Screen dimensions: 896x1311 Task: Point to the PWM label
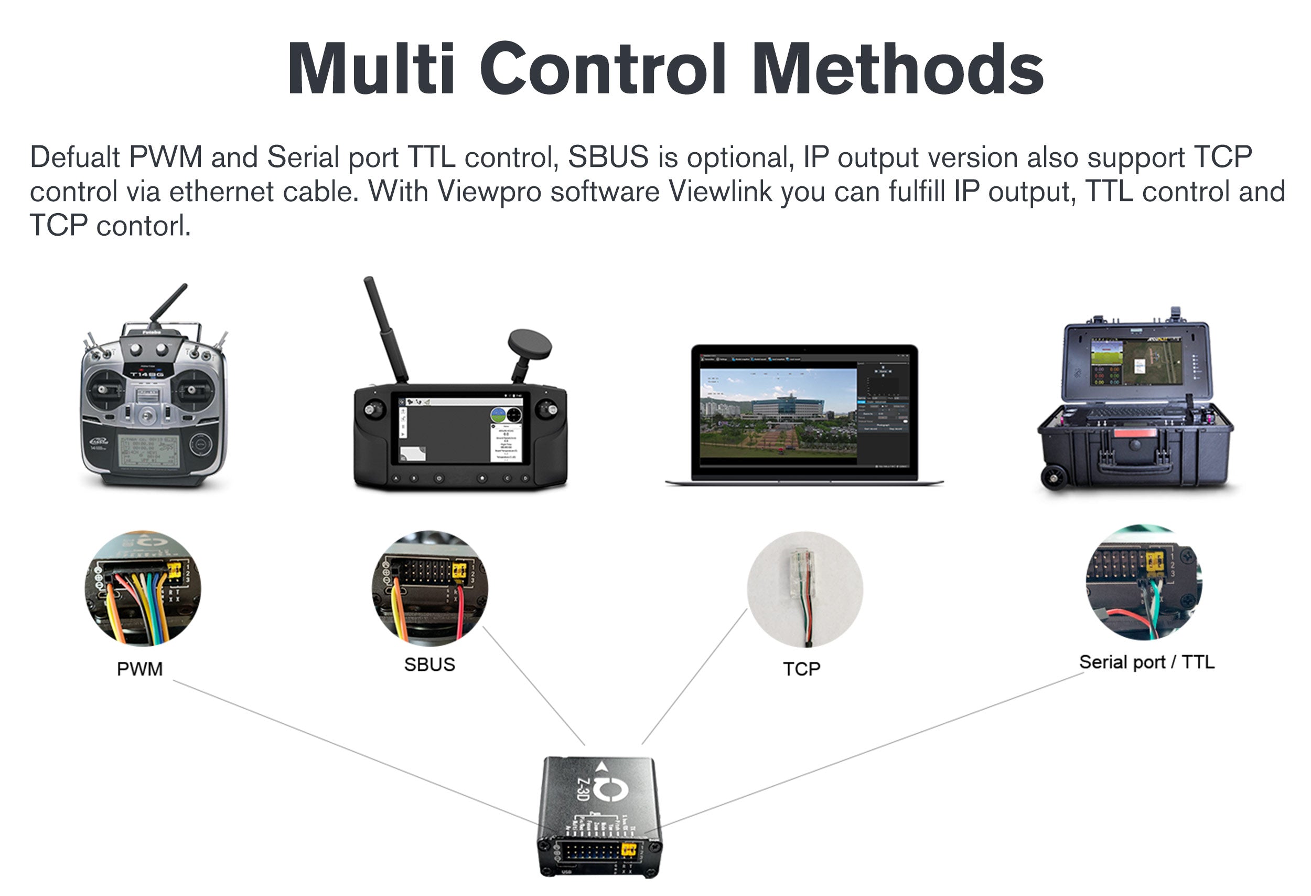click(139, 669)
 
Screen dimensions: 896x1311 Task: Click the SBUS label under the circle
click(429, 665)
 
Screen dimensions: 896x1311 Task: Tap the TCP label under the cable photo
click(801, 669)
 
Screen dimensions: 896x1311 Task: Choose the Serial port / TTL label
click(1146, 662)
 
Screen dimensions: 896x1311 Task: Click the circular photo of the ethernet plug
click(804, 588)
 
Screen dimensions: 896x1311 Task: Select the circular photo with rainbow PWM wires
click(142, 588)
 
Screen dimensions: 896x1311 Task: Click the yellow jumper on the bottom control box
click(628, 850)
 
